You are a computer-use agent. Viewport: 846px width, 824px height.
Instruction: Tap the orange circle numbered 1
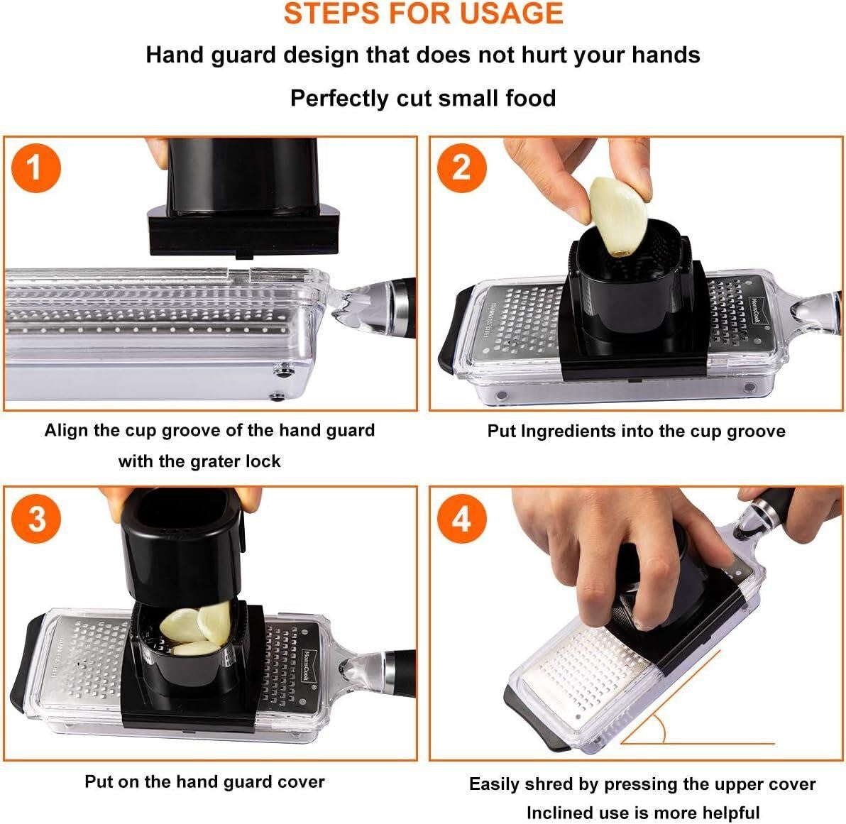(35, 167)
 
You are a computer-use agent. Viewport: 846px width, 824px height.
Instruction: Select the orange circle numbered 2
(462, 167)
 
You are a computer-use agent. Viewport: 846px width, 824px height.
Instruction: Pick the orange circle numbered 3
(36, 518)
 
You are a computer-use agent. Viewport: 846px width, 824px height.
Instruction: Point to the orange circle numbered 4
(462, 519)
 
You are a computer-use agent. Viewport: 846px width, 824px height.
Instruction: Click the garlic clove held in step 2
(617, 216)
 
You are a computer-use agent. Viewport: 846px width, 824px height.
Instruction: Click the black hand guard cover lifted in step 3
(179, 542)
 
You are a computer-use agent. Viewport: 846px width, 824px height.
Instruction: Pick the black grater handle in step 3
(400, 673)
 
